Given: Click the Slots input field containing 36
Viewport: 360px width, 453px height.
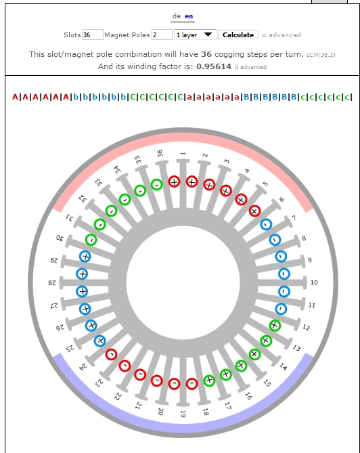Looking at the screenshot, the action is coord(93,35).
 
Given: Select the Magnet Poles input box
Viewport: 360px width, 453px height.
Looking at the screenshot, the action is coord(162,35).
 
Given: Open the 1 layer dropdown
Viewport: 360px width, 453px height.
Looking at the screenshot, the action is coord(195,35).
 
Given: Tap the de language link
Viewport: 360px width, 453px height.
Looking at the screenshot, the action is coord(177,16).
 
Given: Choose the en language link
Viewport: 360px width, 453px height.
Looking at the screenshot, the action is coord(189,16).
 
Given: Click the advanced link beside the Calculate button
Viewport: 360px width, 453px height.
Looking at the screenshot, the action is coord(285,35).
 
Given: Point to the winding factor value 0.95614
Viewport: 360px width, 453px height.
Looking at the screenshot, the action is coord(214,66).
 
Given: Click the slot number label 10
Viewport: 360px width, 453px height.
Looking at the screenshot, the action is coord(314,282).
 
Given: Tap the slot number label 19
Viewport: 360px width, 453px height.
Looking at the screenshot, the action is coord(183,414).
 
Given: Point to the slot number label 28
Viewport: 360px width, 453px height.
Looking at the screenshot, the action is coord(52,282).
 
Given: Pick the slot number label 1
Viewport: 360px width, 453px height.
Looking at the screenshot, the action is coord(183,154).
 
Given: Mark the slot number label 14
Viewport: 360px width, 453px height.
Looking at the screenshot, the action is coord(283,366).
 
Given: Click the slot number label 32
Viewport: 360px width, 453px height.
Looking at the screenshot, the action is coord(83,198).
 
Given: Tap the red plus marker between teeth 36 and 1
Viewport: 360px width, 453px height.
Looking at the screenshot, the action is coord(174,181).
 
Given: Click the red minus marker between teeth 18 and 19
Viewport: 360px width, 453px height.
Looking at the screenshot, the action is coord(192,384).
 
